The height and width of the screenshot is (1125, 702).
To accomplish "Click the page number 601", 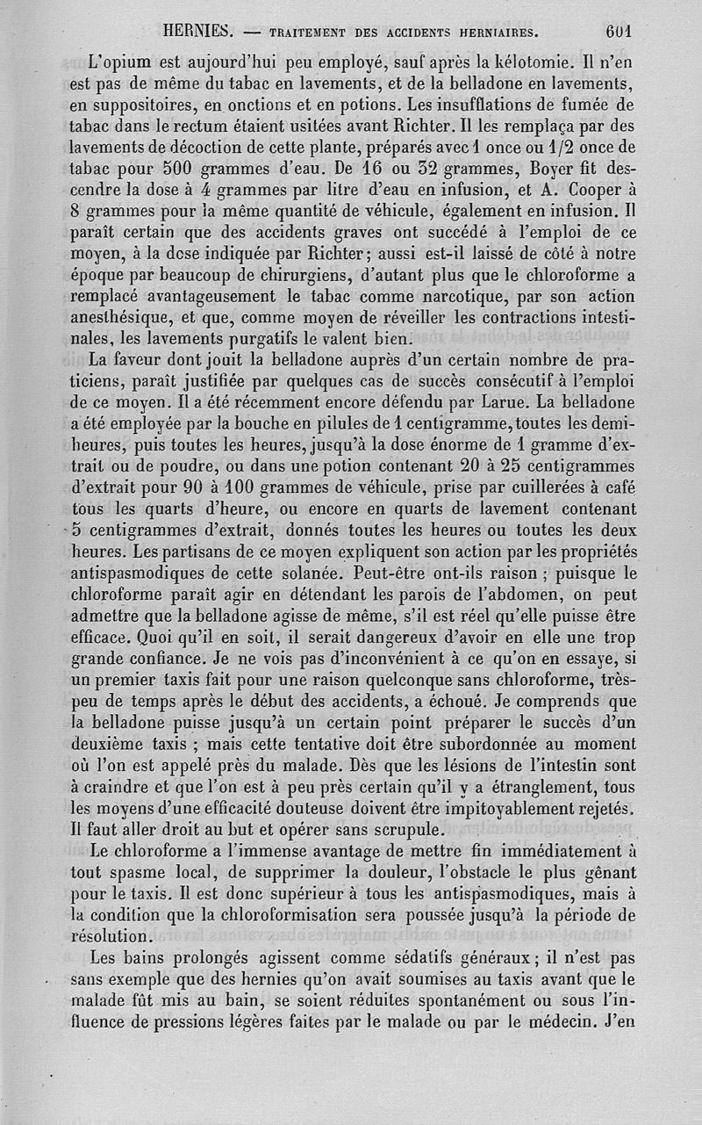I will (619, 31).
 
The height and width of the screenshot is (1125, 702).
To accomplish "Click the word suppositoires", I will (127, 104).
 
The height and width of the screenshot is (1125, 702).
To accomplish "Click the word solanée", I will (309, 572).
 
